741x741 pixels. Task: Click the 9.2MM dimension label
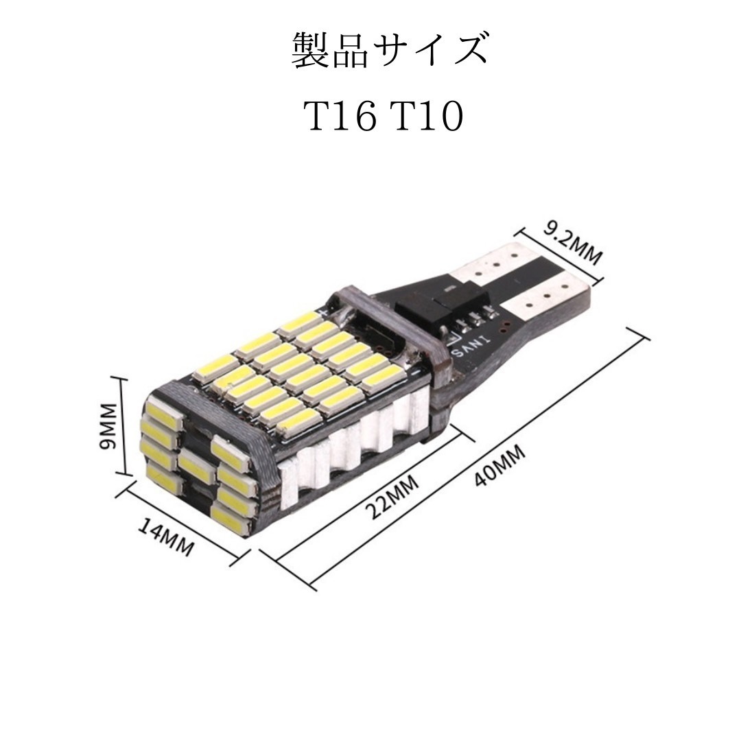572,242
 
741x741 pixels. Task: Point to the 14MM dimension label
166,537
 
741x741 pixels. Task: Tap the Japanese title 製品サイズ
388,49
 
